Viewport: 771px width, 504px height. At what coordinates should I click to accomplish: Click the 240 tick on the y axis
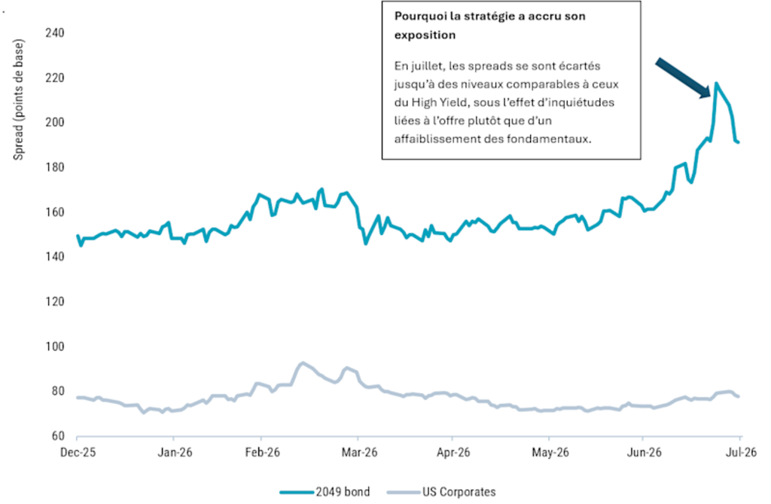tap(54, 33)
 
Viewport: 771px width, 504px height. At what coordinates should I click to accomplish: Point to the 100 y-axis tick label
tap(54, 347)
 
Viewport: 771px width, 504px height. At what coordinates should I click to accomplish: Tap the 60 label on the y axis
tap(57, 436)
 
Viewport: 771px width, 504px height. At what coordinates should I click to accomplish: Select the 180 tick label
tap(54, 167)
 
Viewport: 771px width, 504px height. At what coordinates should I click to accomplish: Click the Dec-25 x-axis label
tap(78, 452)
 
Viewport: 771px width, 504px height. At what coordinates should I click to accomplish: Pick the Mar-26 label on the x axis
tap(359, 452)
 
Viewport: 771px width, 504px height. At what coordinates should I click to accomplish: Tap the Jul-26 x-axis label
tap(741, 452)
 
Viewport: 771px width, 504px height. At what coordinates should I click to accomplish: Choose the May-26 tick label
tap(550, 452)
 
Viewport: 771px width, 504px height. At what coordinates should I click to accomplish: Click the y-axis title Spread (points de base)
tap(18, 100)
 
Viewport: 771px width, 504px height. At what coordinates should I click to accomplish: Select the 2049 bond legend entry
tap(325, 492)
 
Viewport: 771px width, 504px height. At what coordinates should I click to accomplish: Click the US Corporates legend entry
tap(441, 492)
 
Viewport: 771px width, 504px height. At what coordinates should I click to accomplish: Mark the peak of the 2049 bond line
tap(716, 83)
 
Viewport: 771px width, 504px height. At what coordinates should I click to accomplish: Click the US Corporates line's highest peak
tap(303, 363)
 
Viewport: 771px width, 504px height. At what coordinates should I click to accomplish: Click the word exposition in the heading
tap(425, 35)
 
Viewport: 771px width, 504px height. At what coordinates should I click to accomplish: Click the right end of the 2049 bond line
tap(739, 142)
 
